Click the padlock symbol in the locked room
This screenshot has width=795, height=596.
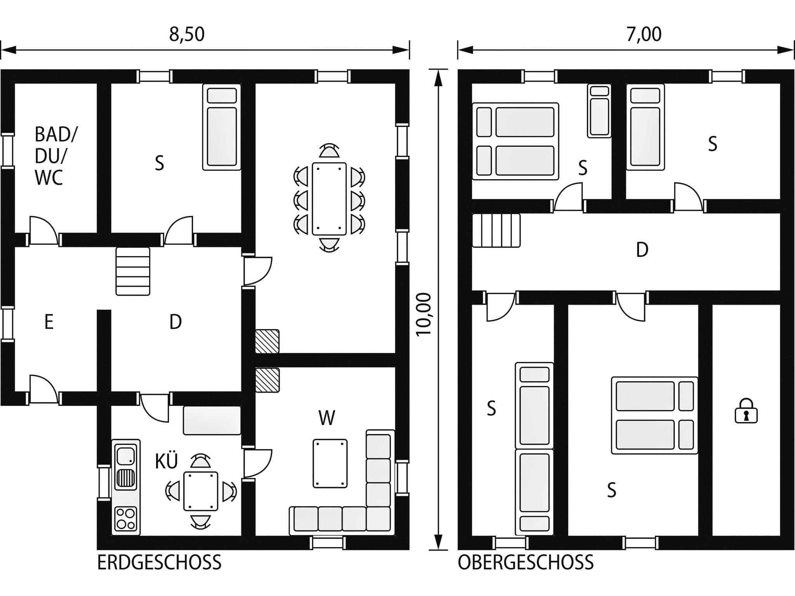(x=746, y=411)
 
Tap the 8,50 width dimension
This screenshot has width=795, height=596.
(x=187, y=34)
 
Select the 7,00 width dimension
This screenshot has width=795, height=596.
(x=644, y=34)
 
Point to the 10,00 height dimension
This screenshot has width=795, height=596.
(x=424, y=314)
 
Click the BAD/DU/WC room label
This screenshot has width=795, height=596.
(x=56, y=156)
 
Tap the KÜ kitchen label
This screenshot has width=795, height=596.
(x=166, y=461)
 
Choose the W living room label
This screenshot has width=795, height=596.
(x=326, y=418)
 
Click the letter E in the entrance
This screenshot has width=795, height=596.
(x=49, y=322)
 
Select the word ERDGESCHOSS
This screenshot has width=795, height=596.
(x=159, y=562)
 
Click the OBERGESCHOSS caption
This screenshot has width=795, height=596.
(x=526, y=562)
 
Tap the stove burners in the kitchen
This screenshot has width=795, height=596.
(x=126, y=519)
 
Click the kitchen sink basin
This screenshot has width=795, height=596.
(x=126, y=456)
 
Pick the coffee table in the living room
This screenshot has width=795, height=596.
(x=330, y=463)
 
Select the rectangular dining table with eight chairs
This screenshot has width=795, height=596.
(x=329, y=199)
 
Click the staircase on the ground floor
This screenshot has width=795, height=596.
(x=133, y=271)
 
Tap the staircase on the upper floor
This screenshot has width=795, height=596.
(x=496, y=230)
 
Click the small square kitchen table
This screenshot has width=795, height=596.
(x=201, y=491)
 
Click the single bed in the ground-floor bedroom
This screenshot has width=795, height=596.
(x=222, y=127)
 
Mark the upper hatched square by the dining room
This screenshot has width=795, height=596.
(x=267, y=341)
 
